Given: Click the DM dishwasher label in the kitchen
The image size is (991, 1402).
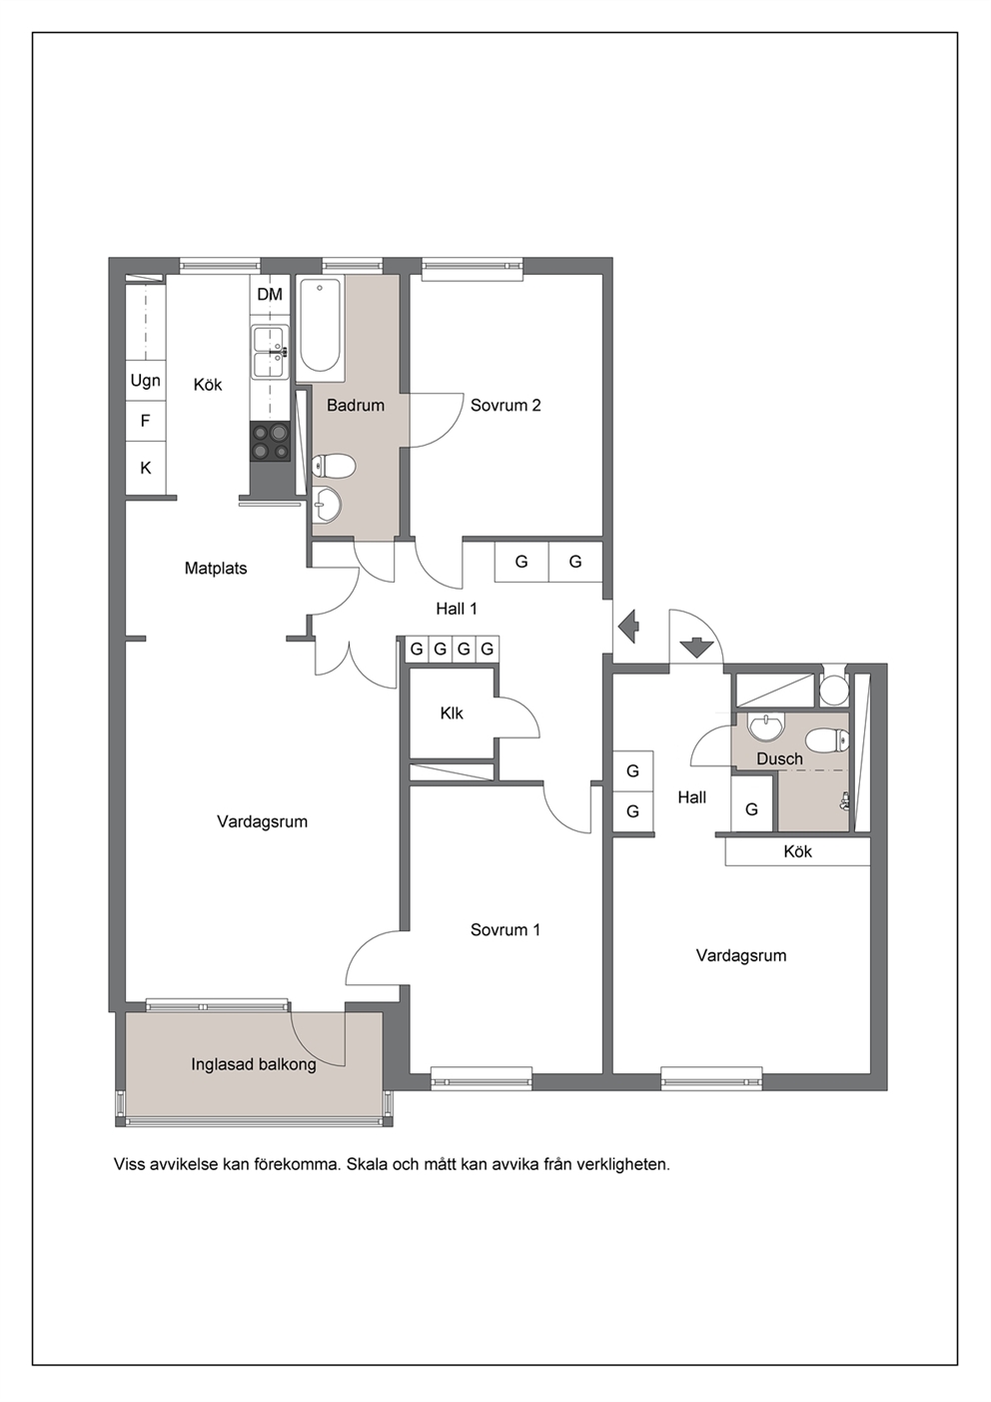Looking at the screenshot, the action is [270, 294].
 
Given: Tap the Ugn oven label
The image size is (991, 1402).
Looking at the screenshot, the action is [145, 381].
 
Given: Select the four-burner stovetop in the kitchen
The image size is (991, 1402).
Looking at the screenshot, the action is [271, 442].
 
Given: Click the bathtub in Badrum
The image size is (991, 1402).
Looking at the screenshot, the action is [320, 326].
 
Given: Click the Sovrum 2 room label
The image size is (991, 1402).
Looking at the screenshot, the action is [505, 406].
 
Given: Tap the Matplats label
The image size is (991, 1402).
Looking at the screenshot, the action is [216, 569].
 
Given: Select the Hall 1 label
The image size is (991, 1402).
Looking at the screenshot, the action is [457, 609].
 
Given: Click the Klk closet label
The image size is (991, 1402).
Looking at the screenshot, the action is [452, 712].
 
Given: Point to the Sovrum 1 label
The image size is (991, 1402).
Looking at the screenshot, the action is [504, 930].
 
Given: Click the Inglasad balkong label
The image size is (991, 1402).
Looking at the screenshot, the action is [254, 1064].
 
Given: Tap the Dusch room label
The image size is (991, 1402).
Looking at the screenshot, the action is [779, 759].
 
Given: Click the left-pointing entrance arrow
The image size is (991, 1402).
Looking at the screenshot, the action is [627, 626].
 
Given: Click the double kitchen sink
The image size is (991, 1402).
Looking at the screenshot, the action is [271, 353].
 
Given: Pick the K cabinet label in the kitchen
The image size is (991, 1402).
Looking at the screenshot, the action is [146, 468].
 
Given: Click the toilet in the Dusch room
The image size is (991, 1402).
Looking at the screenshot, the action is [826, 742].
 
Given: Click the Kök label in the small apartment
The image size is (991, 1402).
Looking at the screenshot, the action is [797, 851].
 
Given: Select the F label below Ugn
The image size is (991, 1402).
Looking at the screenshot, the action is [145, 421].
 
